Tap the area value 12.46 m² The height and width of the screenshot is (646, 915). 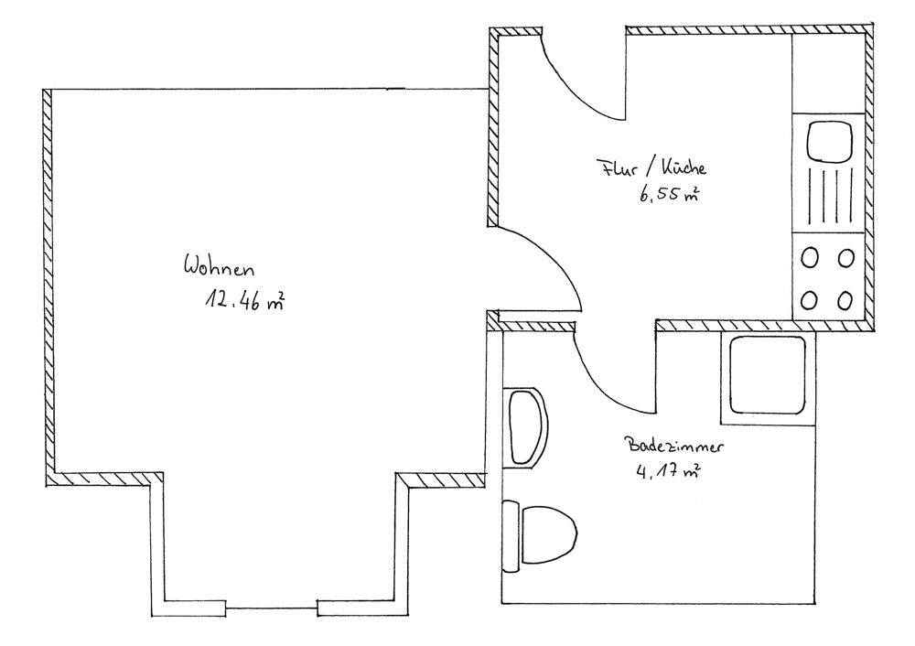[244, 300]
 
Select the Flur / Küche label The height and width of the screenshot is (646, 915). [651, 167]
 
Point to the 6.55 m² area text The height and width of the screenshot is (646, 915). [669, 194]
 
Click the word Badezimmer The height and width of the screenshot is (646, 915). [675, 446]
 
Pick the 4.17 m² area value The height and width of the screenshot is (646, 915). [668, 471]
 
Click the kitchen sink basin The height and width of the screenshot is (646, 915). [829, 141]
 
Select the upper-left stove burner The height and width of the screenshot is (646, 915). [810, 257]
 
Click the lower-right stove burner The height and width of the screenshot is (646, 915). [845, 300]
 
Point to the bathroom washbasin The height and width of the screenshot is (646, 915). [525, 426]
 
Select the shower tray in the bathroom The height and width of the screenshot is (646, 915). [768, 377]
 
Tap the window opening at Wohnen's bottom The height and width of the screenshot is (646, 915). [272, 608]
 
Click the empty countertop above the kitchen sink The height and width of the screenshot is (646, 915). [827, 73]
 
